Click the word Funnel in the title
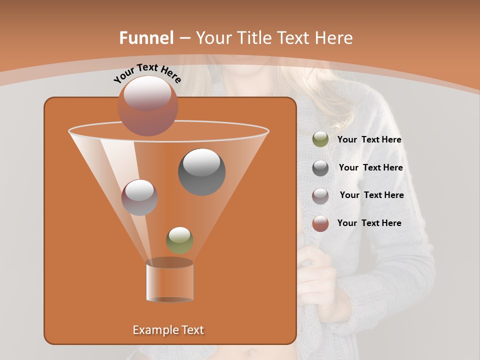(146, 38)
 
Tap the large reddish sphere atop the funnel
(147, 105)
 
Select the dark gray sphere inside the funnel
(201, 171)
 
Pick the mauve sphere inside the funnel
(139, 197)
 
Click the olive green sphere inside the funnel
(179, 240)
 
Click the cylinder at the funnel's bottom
(169, 281)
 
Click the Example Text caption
(168, 330)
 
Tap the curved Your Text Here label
(147, 73)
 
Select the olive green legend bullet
(320, 139)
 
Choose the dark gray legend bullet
(320, 168)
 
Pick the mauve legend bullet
(320, 196)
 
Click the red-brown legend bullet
(320, 223)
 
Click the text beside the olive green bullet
(369, 140)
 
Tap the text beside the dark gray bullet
(370, 168)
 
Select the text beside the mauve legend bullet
(371, 195)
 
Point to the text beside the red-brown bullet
(369, 223)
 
